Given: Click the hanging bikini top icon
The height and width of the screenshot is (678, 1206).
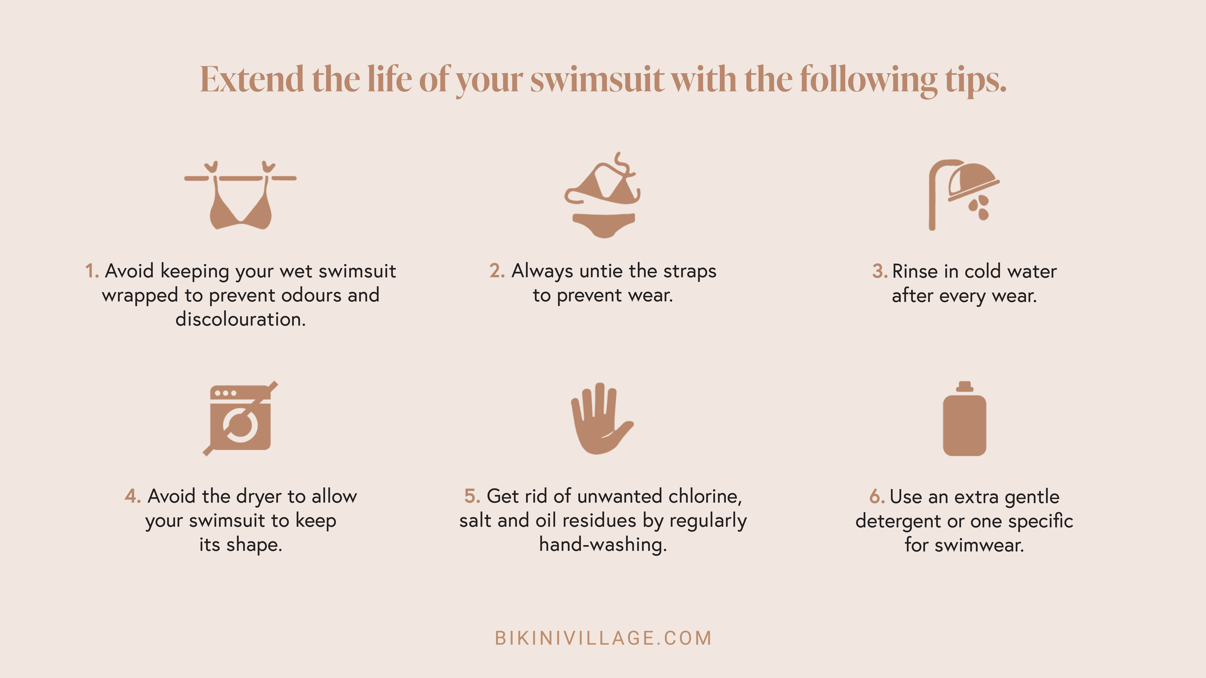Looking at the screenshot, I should [240, 196].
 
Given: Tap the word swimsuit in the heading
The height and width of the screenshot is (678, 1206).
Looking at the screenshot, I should [597, 80].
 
